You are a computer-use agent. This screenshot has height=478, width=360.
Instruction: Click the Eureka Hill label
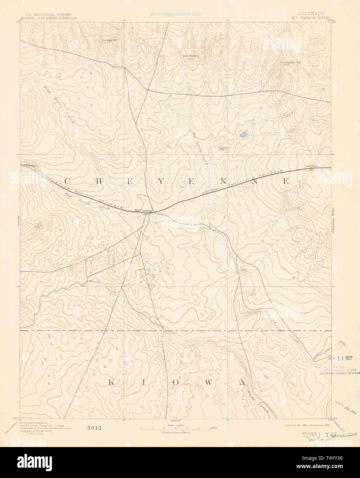(x=110, y=40)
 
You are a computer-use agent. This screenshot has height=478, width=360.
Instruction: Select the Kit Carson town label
(x=143, y=210)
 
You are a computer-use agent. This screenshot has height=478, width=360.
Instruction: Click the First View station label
(x=312, y=167)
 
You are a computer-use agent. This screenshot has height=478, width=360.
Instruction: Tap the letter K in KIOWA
(x=112, y=382)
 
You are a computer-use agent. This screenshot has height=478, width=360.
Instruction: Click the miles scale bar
(x=176, y=429)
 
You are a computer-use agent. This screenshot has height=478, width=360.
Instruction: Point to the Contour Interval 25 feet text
(x=176, y=432)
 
